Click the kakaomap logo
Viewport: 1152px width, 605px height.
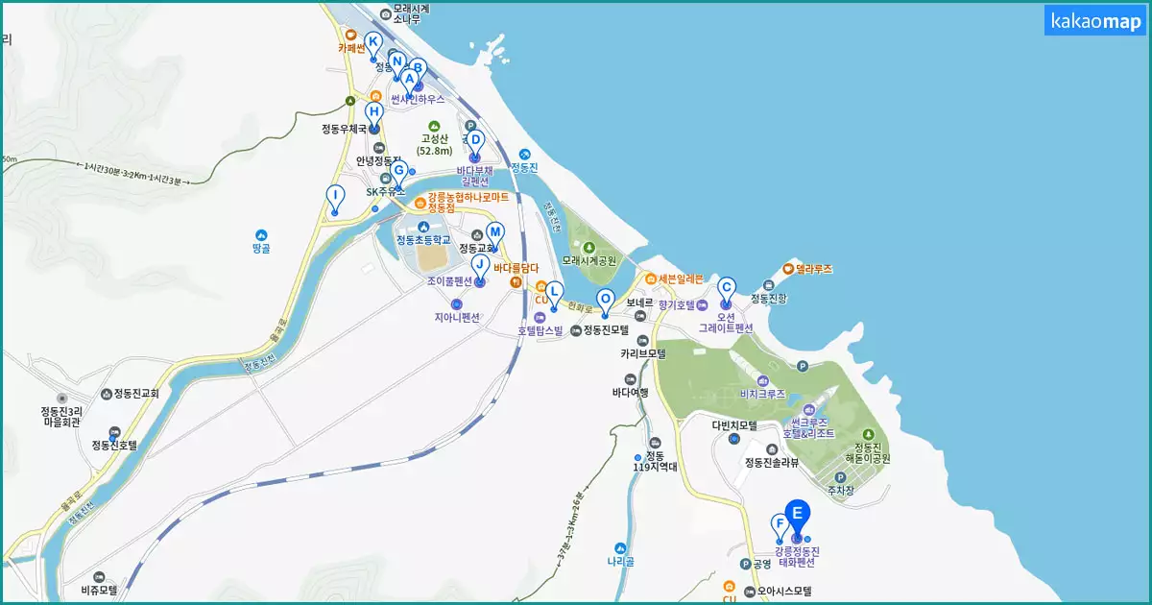point(1094,20)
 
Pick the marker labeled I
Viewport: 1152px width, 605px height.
point(334,199)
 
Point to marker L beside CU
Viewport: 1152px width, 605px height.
point(554,295)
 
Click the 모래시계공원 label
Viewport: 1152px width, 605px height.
point(588,260)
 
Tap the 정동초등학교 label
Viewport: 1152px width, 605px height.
point(423,239)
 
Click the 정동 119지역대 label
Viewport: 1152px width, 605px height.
point(655,461)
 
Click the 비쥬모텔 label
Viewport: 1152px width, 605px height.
point(98,590)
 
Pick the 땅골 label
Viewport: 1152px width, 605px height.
point(261,248)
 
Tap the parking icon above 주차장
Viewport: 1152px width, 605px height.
point(840,476)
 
